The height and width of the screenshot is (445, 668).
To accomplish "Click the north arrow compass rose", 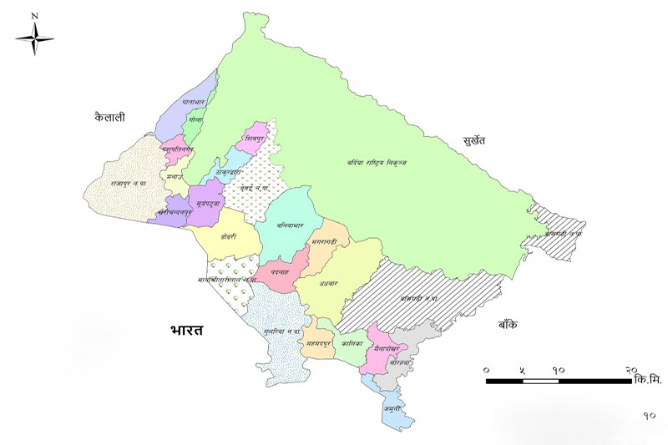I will pos(34,38).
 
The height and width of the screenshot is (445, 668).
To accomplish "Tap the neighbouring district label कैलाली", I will pos(109,118).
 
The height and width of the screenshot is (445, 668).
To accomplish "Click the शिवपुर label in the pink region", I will pos(255,135).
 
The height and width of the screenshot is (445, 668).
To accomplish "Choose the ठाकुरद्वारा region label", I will pos(230,170).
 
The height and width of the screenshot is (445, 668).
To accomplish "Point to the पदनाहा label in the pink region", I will pos(279,273).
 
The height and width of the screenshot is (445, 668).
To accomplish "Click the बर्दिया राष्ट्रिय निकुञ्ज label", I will pos(377,162).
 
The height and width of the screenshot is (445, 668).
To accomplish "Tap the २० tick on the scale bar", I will pos(630,368).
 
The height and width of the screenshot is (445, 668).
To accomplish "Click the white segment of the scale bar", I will pos(541,381).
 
